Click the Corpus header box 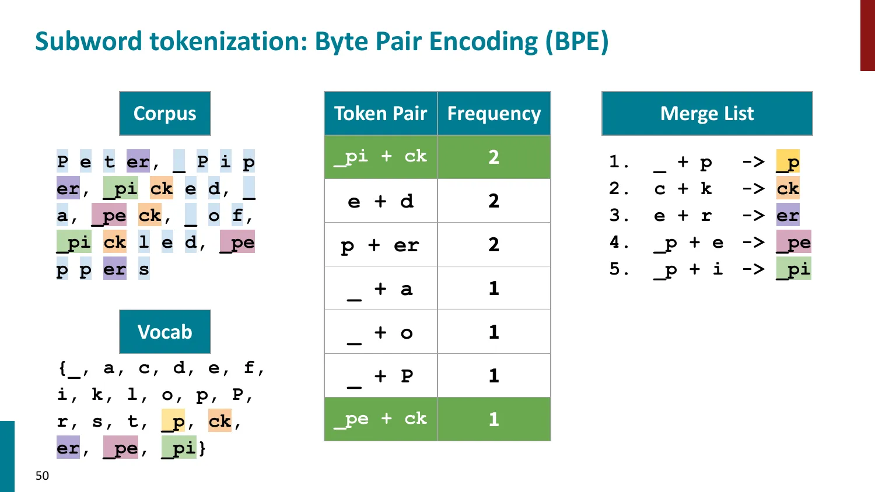[164, 113]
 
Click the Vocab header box [164, 332]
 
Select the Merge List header [706, 113]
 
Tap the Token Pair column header [380, 113]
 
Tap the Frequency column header [494, 113]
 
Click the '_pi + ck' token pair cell [380, 157]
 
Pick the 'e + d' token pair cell [380, 201]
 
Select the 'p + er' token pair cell [380, 245]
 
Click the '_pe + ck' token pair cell [380, 419]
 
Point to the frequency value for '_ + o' [494, 332]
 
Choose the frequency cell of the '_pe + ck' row [494, 419]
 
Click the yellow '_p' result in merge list [787, 162]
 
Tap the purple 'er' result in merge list [787, 216]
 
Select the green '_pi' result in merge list [793, 269]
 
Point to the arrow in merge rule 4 [753, 243]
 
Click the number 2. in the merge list [619, 189]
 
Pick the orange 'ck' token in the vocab [220, 421]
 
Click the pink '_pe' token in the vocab [121, 448]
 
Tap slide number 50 [43, 476]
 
